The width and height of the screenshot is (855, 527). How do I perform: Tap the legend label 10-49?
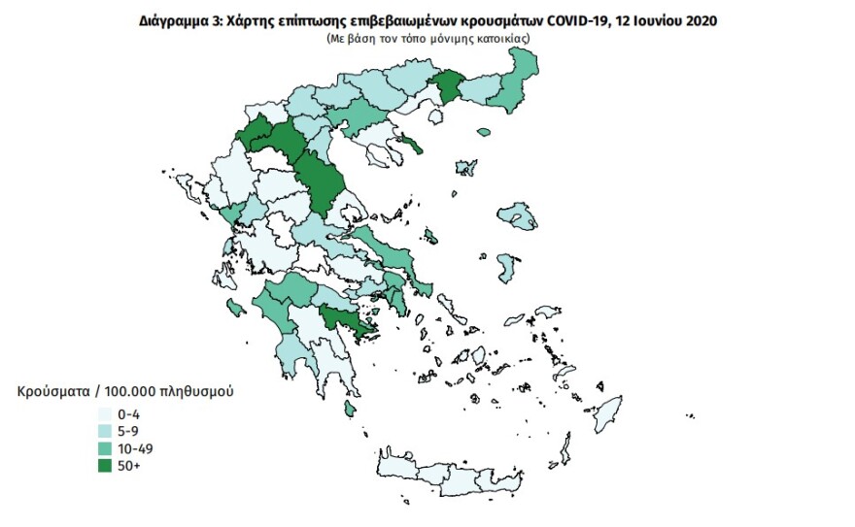coord(134,447)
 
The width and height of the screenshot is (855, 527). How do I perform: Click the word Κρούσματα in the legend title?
coord(50,392)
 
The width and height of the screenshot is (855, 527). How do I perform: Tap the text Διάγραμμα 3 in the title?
coord(179,19)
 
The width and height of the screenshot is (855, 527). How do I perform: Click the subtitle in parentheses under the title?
coord(428,36)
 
